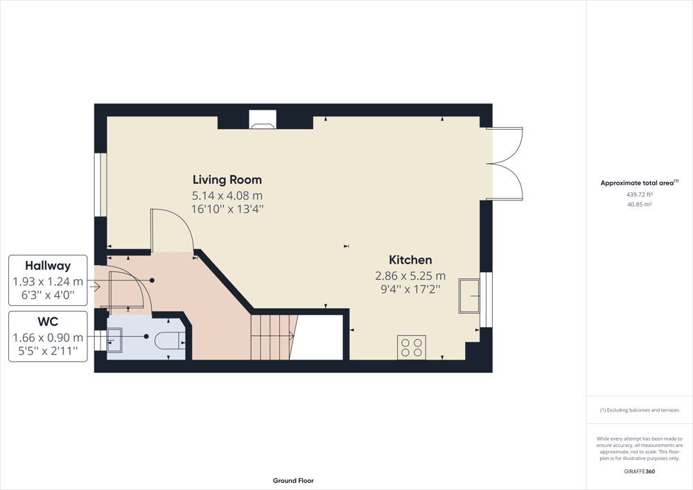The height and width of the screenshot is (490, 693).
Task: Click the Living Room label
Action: [x=227, y=180]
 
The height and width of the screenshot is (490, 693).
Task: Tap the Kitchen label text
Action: [x=410, y=260]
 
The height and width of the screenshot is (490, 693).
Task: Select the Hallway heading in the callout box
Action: [x=48, y=266]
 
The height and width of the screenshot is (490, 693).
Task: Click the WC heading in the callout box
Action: [x=48, y=321]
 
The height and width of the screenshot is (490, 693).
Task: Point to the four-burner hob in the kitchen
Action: [x=412, y=347]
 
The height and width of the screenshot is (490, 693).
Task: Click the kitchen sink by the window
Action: [x=469, y=296]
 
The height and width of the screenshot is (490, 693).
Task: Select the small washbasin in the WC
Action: [x=114, y=339]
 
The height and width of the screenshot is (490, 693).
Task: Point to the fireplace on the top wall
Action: [x=263, y=119]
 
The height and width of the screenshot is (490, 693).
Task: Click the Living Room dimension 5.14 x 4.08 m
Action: [x=227, y=195]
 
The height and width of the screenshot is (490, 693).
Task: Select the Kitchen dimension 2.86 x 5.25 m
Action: [x=410, y=276]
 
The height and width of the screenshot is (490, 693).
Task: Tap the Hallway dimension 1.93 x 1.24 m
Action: [x=48, y=282]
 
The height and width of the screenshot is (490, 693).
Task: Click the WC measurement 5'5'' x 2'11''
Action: [x=48, y=351]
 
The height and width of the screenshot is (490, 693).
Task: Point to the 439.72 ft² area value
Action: [x=640, y=194]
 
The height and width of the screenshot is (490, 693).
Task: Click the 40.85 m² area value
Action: [x=640, y=205]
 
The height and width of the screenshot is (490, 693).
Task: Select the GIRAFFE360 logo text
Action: [x=640, y=471]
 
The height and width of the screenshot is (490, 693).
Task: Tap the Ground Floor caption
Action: [x=293, y=481]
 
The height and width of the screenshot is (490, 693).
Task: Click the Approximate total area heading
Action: [x=639, y=183]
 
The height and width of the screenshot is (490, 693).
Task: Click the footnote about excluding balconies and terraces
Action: [x=640, y=410]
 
